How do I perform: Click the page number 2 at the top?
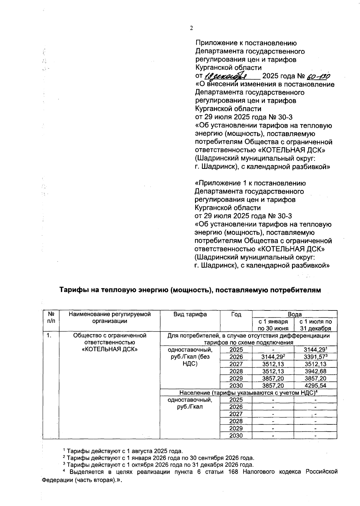(191, 28)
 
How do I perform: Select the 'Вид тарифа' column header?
(190, 314)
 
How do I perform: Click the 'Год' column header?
(236, 314)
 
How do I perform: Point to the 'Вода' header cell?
(295, 314)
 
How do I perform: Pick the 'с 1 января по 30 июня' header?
(273, 325)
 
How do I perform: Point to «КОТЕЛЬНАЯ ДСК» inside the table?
(110, 349)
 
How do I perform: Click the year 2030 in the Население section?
(236, 436)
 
